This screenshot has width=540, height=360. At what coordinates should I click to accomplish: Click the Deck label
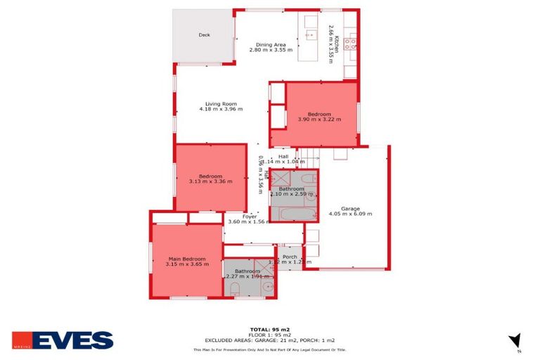(204, 34)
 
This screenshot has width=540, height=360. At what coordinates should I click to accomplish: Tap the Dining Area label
(270, 44)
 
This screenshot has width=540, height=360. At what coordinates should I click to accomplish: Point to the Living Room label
(219, 103)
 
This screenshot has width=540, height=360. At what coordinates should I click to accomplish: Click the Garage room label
(350, 208)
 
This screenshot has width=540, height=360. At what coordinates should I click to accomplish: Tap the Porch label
(290, 257)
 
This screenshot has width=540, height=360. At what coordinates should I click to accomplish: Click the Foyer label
(250, 217)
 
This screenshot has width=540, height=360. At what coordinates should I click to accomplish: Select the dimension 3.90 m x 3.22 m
(320, 120)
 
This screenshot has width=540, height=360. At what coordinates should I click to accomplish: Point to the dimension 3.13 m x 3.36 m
(210, 181)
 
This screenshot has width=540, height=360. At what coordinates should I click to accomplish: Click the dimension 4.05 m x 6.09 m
(350, 214)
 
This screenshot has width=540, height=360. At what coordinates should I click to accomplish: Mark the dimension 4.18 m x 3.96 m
(220, 109)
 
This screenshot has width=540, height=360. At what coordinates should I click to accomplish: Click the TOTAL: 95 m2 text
(269, 329)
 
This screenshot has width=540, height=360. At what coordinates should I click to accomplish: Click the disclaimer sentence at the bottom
(269, 349)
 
